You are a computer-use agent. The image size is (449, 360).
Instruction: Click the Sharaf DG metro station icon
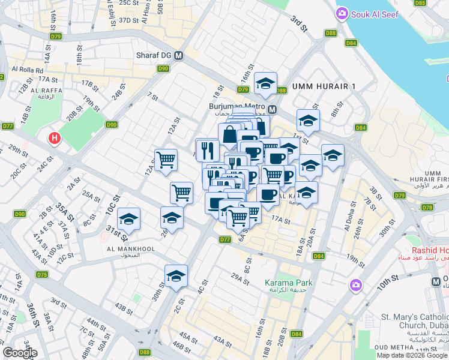[x=179, y=56]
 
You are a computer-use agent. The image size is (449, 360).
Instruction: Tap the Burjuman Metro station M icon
[x=272, y=109]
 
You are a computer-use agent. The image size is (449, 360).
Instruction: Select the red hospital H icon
[x=55, y=139]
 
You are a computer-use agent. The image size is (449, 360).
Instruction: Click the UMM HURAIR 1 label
[x=324, y=86]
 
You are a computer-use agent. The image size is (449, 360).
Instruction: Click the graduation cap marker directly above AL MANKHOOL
[x=129, y=220]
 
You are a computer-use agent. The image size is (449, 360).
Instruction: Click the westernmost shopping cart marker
[x=166, y=160]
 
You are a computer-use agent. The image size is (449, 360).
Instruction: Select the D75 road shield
[x=41, y=274]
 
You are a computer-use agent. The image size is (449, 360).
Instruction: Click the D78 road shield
[x=427, y=208]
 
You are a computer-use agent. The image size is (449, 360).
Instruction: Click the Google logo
[x=20, y=353]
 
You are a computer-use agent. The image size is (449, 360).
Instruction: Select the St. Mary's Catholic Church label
[x=415, y=321]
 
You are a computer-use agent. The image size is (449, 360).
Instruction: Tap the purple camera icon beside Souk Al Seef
[x=342, y=13]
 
